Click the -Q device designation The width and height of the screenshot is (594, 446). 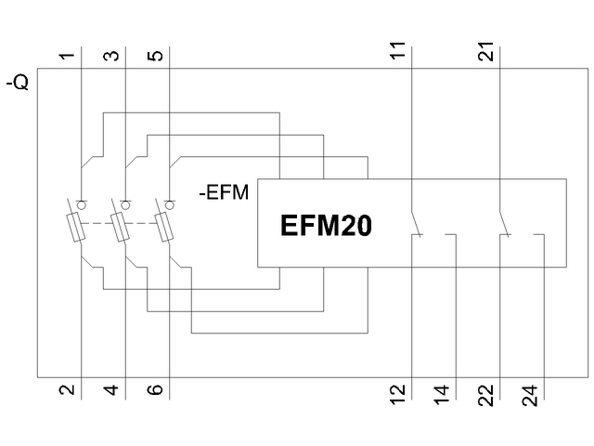[19, 83]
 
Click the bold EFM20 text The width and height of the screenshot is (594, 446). [326, 226]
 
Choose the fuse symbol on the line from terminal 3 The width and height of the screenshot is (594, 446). [122, 227]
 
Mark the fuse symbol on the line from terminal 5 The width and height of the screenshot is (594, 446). [165, 227]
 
